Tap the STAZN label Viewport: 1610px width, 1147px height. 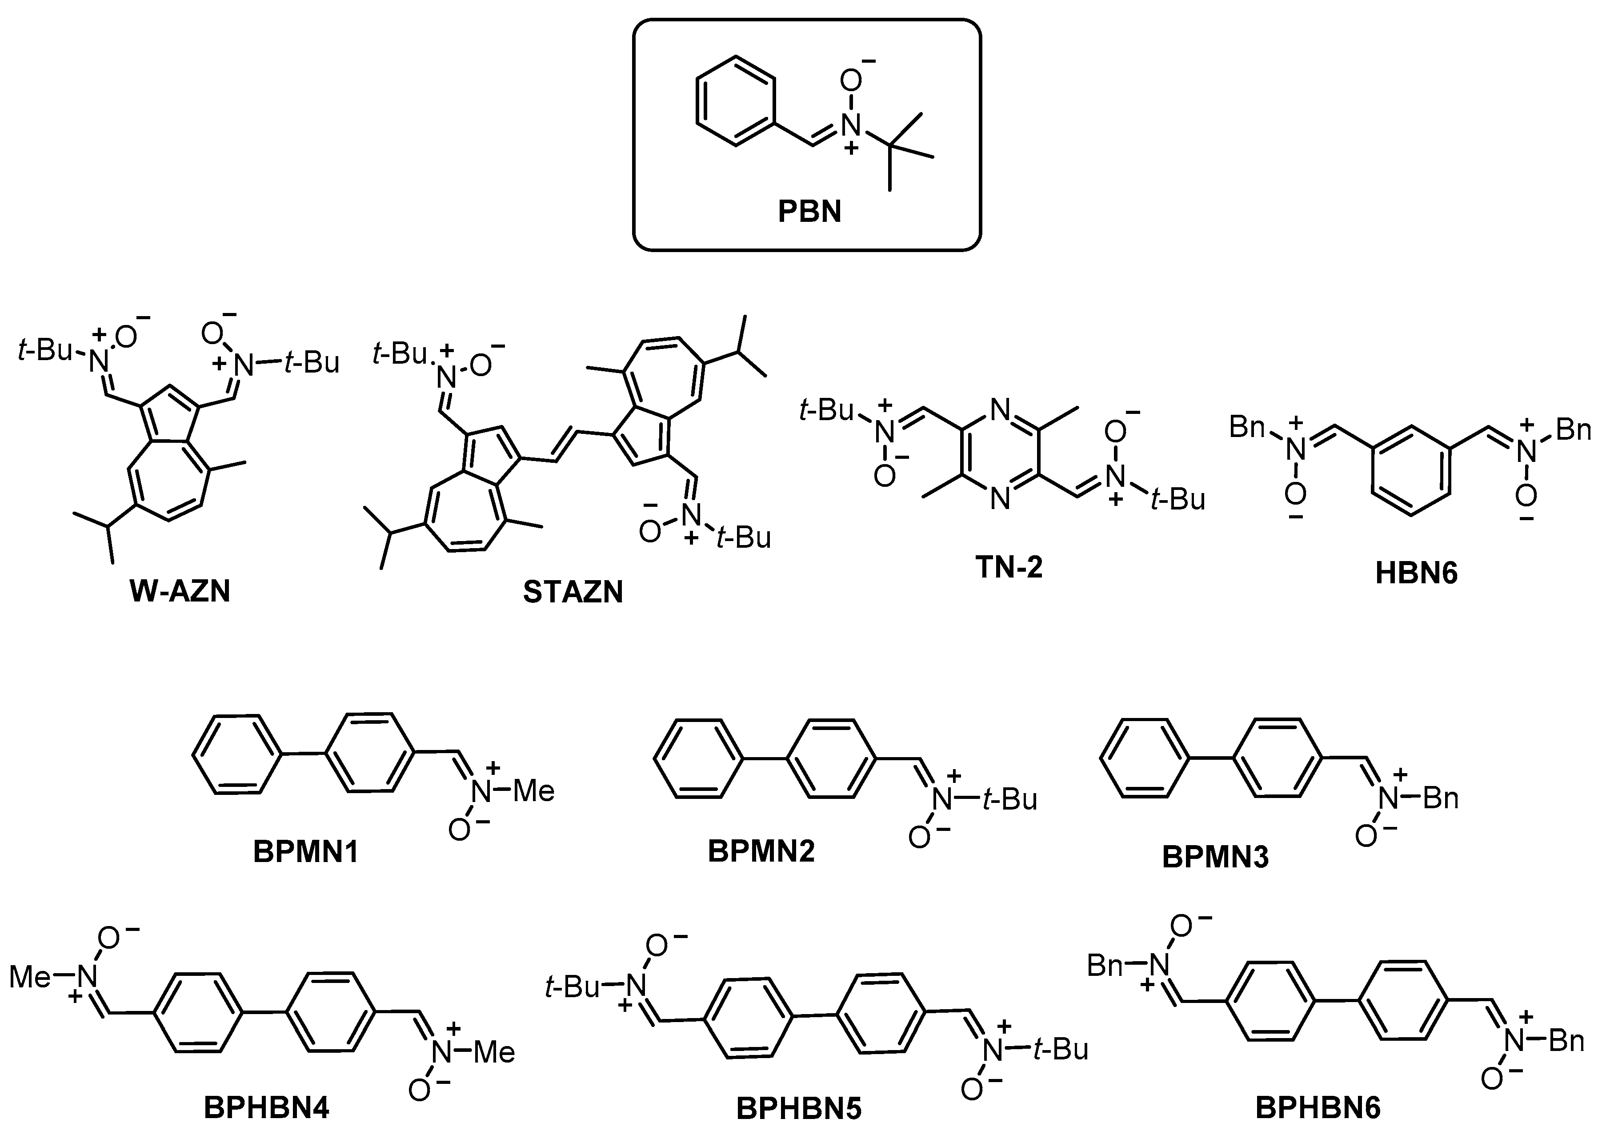[573, 592]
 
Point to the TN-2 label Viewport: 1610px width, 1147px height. [1009, 566]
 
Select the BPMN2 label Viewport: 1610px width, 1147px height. [761, 851]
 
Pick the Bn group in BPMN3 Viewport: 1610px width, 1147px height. [1441, 798]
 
